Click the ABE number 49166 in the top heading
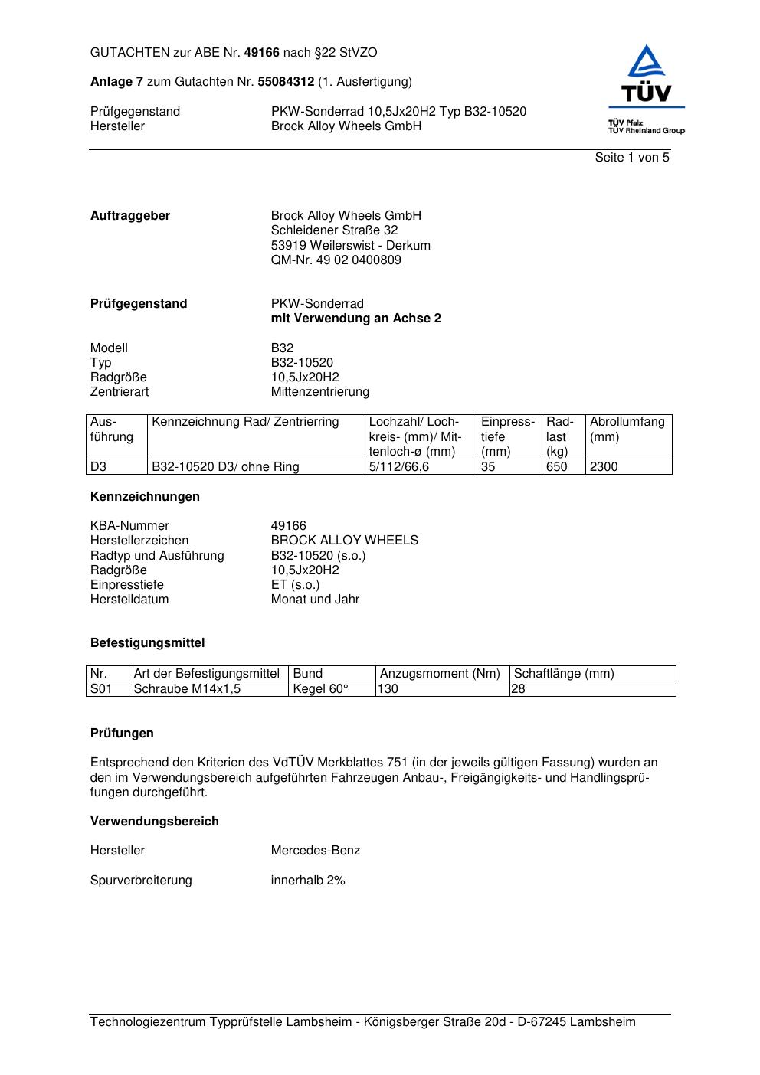pos(262,53)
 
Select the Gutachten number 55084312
pos(286,82)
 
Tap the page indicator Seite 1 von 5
pos(632,158)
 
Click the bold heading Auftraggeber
pos(130,216)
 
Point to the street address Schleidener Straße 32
pos(334,230)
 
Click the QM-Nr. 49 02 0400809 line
pos(336,260)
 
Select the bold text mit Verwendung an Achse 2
pos(355,319)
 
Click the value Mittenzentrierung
pos(319,392)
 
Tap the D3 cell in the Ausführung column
pos(99,467)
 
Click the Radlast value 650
pos(556,467)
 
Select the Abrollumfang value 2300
pos(604,467)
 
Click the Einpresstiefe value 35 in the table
pos(488,467)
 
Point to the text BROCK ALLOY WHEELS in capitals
pos(344,541)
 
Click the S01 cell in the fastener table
pos(101,689)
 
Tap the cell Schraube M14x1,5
pos(187,689)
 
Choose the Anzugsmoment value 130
pos(389,689)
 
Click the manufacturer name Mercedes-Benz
pos(315,851)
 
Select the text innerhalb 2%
pos(308,881)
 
